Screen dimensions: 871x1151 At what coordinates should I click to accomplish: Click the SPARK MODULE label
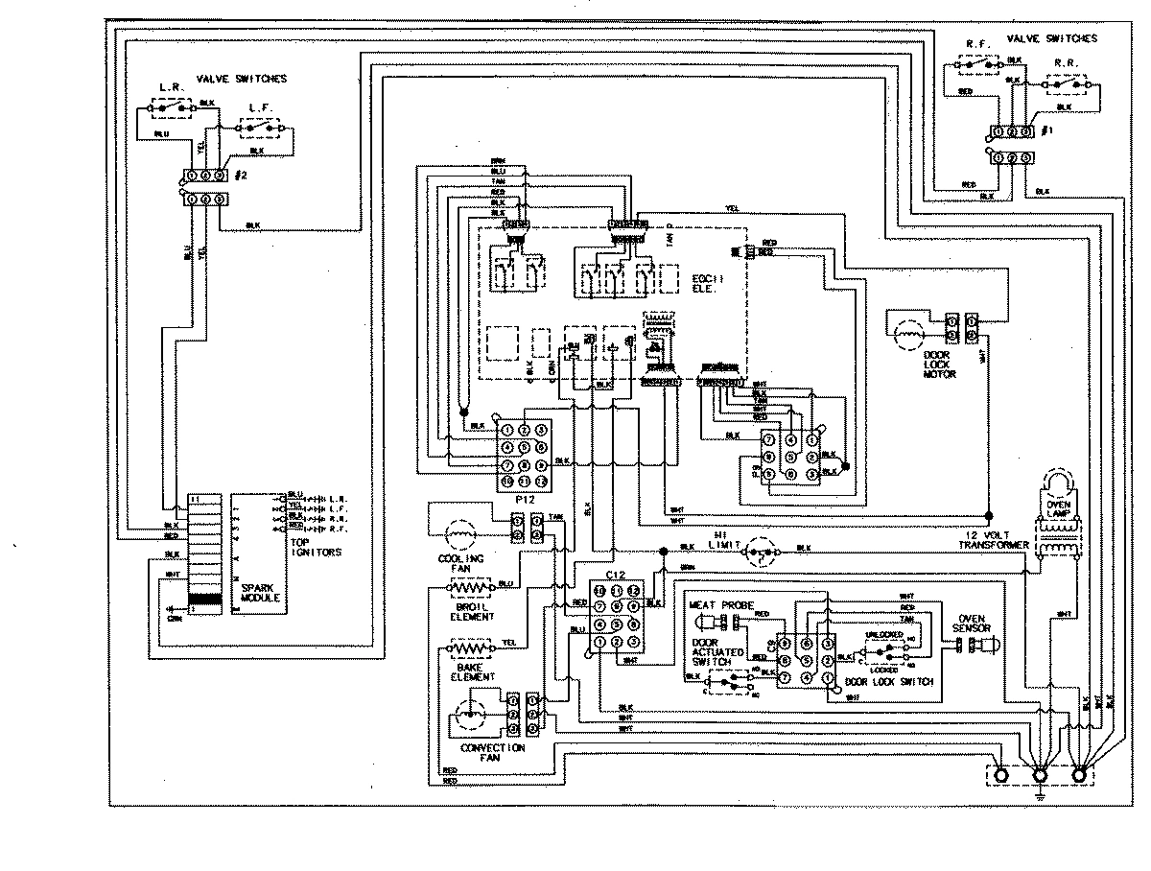pos(260,591)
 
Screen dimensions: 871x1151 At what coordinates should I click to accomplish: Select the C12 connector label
pos(616,573)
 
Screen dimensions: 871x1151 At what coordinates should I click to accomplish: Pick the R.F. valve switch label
pos(978,41)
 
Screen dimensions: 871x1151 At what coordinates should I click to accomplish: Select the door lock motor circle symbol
pos(907,335)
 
